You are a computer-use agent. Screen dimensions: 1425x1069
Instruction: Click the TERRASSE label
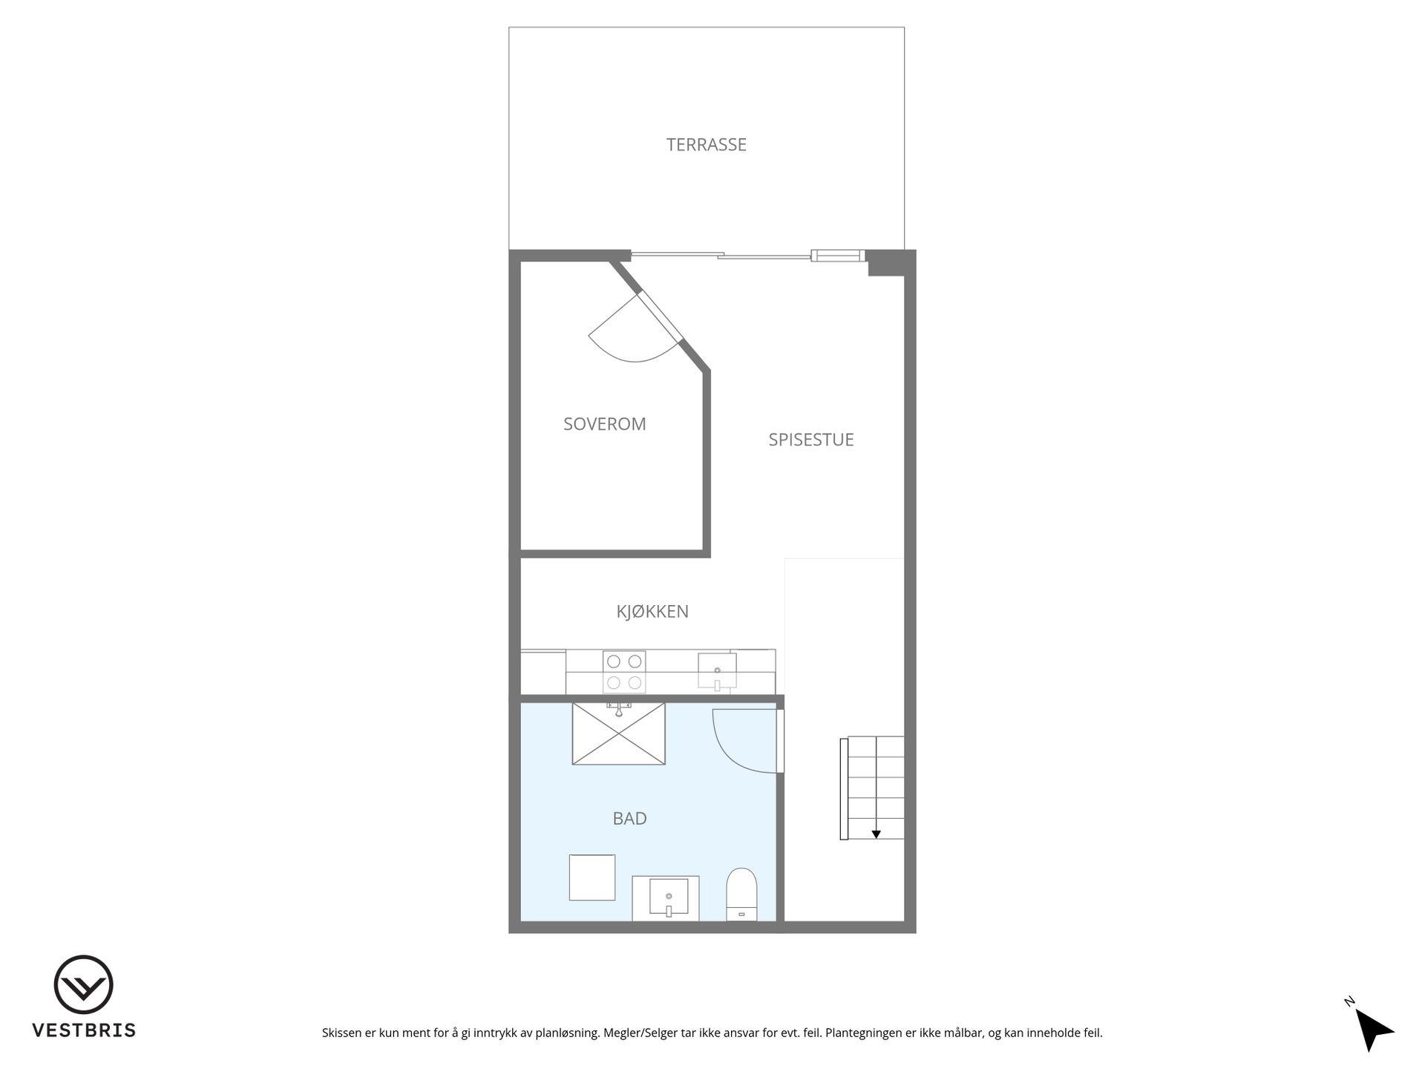pyautogui.click(x=706, y=145)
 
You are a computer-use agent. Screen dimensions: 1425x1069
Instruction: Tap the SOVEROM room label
pyautogui.click(x=604, y=424)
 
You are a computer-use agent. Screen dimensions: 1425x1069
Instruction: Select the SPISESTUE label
pyautogui.click(x=810, y=439)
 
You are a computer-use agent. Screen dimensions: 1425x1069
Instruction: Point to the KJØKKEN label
pyautogui.click(x=652, y=612)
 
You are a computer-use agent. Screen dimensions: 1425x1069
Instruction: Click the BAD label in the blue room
pyautogui.click(x=629, y=818)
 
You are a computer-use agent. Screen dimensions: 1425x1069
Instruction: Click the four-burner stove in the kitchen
pyautogui.click(x=624, y=672)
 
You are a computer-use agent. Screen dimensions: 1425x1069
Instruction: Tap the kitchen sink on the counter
pyautogui.click(x=717, y=672)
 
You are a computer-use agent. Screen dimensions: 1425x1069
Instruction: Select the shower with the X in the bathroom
pyautogui.click(x=618, y=733)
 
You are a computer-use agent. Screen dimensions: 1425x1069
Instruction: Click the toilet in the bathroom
pyautogui.click(x=741, y=894)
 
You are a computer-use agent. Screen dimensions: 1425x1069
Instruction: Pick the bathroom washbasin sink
pyautogui.click(x=669, y=898)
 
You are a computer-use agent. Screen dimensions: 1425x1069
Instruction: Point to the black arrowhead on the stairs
pyautogui.click(x=876, y=834)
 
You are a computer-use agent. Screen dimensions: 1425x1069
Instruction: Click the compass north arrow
pyautogui.click(x=1373, y=1029)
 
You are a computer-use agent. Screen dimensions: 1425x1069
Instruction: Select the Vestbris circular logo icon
pyautogui.click(x=83, y=984)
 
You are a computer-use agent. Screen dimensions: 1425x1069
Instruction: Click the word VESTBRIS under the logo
pyautogui.click(x=83, y=1030)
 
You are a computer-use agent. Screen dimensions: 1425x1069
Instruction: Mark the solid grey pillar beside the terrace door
pyautogui.click(x=891, y=263)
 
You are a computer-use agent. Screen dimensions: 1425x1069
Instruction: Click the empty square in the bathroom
pyautogui.click(x=592, y=877)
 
